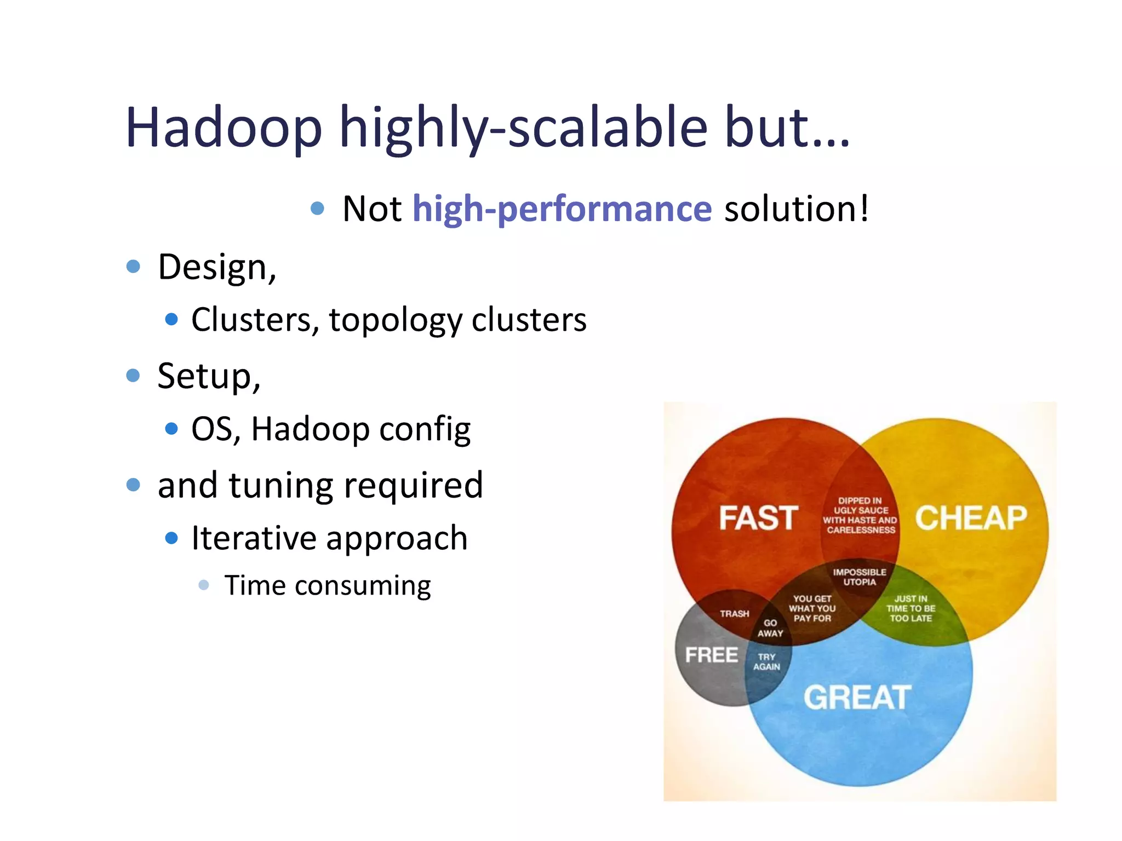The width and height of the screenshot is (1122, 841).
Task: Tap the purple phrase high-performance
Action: (x=562, y=209)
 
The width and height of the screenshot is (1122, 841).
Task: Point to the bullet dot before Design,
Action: (x=133, y=267)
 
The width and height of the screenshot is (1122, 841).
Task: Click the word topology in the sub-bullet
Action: (x=396, y=320)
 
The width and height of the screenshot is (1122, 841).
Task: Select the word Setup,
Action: (x=209, y=376)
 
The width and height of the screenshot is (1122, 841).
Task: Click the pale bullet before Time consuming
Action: (x=204, y=585)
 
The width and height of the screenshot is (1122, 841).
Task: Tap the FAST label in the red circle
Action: (x=758, y=518)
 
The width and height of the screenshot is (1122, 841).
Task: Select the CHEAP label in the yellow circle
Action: (x=971, y=518)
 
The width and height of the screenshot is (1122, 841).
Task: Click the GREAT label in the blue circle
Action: (x=857, y=698)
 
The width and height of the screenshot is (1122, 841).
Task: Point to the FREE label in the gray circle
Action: (x=711, y=655)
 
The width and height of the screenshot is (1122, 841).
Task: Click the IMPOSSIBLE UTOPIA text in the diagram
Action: (x=859, y=577)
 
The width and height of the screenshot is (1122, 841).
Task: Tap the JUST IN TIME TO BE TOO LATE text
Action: (x=911, y=608)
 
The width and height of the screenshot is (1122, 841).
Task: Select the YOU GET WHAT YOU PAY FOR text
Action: (x=812, y=608)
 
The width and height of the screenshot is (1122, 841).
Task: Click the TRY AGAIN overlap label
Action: (x=766, y=661)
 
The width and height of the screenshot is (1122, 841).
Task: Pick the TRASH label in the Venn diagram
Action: (x=734, y=614)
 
